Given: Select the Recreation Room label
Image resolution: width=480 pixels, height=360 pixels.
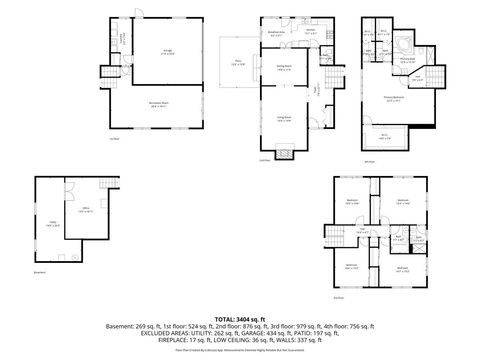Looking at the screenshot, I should click(x=158, y=106).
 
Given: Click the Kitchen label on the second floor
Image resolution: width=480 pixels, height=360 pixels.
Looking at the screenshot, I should click(x=310, y=41).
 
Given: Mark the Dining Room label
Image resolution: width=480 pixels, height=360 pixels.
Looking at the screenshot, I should click(x=283, y=68).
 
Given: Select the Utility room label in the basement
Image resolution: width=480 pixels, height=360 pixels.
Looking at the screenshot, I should click(x=50, y=223).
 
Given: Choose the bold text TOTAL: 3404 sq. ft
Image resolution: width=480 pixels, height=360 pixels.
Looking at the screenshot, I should click(x=239, y=316).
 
